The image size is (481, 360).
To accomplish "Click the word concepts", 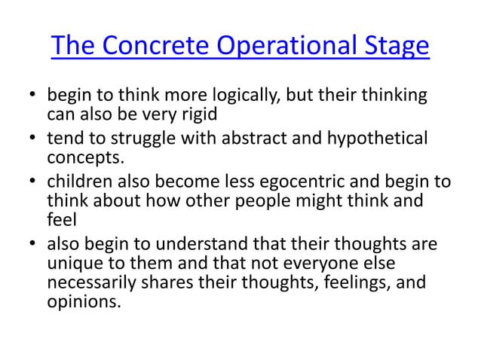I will click(x=82, y=157).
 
